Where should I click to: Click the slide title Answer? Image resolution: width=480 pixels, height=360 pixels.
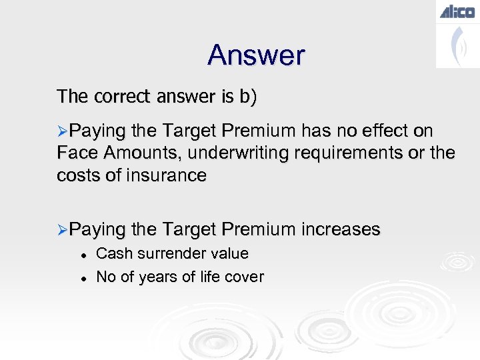255,55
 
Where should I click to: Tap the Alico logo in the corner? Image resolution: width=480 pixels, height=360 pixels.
457,11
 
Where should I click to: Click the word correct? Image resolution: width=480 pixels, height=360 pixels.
116,97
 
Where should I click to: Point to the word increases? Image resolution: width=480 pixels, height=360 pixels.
340,230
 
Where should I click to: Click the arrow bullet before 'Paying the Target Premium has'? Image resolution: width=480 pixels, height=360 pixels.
63,131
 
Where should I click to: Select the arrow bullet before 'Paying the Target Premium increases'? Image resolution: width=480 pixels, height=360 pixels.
63,230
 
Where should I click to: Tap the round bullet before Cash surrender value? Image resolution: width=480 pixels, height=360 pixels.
79,255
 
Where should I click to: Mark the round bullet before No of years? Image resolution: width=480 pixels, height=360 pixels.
79,278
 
